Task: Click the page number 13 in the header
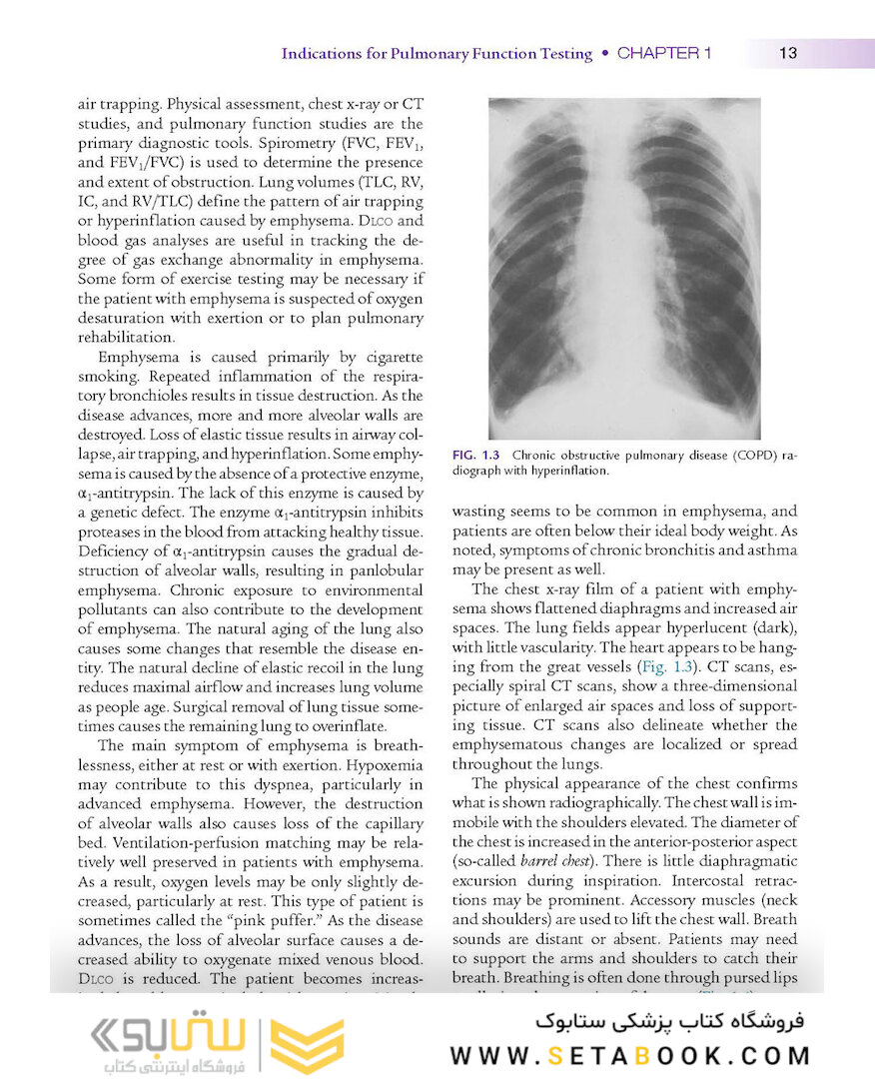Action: point(788,53)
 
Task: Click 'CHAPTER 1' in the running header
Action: point(664,53)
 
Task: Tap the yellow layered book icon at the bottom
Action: point(308,1046)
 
